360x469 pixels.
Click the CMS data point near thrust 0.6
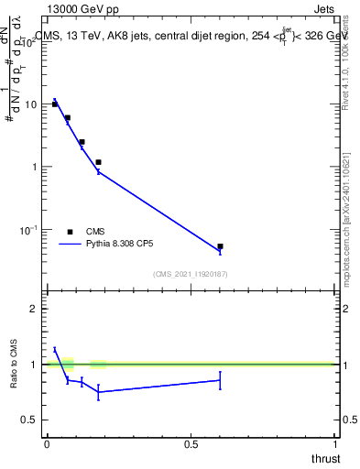pyautogui.click(x=221, y=246)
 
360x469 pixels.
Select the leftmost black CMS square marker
pyautogui.click(x=55, y=104)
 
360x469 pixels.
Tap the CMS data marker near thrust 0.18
pyautogui.click(x=98, y=162)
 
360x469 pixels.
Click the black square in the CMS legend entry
pyautogui.click(x=71, y=232)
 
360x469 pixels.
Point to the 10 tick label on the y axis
pyautogui.click(x=32, y=104)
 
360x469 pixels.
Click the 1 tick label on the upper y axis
pyautogui.click(x=35, y=167)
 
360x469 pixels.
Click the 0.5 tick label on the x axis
pyautogui.click(x=191, y=444)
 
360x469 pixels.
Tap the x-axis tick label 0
pyautogui.click(x=47, y=444)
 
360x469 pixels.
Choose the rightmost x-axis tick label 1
pyautogui.click(x=335, y=444)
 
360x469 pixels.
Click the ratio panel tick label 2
pyautogui.click(x=34, y=309)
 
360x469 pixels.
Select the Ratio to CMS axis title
pyautogui.click(x=14, y=364)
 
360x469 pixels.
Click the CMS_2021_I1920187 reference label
pyautogui.click(x=190, y=274)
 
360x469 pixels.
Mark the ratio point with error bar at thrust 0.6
pyautogui.click(x=221, y=379)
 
